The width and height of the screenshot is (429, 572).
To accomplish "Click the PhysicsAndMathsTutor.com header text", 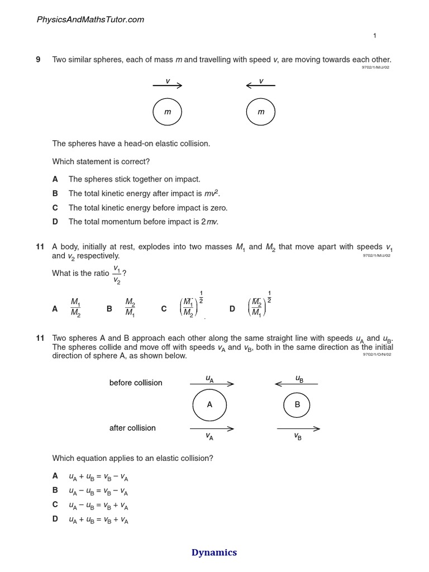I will pos(90,20).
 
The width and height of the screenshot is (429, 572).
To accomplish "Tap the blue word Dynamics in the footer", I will pos(214,552).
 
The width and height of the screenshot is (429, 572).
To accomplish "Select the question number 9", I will pos(39,60).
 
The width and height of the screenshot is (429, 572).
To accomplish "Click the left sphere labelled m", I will pos(168,112).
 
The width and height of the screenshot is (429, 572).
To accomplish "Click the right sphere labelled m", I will pos(261,112).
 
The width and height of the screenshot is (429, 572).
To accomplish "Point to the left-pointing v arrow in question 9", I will pos(260,85).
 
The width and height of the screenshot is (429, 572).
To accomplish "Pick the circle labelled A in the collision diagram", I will pos(209,405).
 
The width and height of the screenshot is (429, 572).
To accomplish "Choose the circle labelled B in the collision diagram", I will pos(298,405).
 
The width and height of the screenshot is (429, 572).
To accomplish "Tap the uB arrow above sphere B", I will pos(297,383).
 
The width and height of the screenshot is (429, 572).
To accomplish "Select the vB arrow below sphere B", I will pos(298,429).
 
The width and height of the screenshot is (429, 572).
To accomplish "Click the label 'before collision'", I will pos(136,383).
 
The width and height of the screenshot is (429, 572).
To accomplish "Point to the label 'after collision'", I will pos(132,428).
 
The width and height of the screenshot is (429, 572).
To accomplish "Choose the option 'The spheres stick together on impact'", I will pos(134,179).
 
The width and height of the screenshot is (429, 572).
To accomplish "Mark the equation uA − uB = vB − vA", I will pos(98,491).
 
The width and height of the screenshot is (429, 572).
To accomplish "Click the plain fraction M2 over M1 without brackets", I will pos(130,307).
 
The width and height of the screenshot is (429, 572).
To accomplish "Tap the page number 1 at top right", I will pos(375,36).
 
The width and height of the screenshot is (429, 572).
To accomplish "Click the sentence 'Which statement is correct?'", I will pos(101,161).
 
